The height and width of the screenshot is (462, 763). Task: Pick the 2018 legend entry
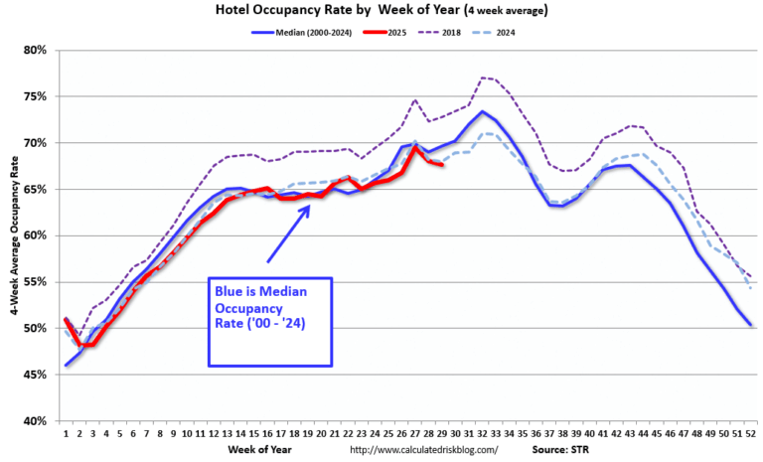click(456, 32)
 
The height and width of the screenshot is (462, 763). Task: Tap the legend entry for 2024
click(516, 32)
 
